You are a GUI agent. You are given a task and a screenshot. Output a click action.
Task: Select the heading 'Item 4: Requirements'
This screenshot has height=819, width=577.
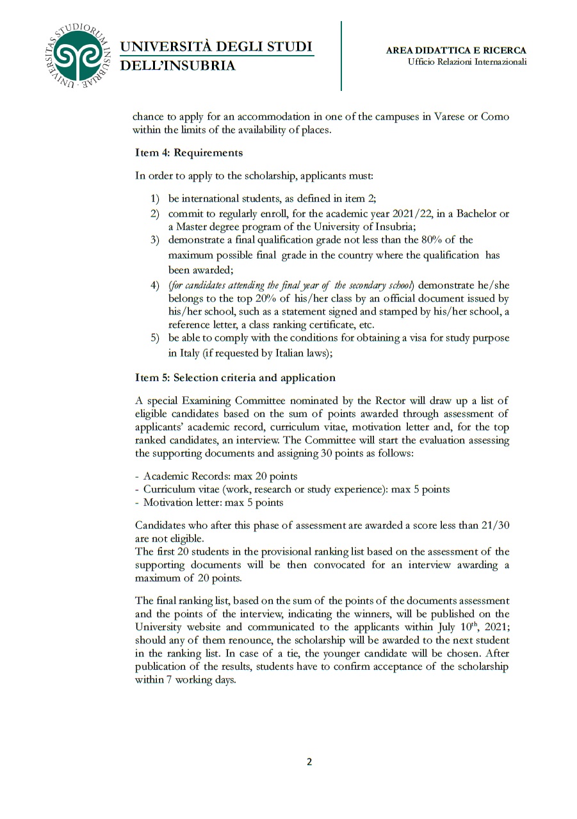[x=189, y=152]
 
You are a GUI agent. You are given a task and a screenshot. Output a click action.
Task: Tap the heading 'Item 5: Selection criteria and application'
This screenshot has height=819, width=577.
[x=235, y=378]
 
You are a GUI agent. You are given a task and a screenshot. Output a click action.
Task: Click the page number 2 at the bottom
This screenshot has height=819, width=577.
[x=309, y=761]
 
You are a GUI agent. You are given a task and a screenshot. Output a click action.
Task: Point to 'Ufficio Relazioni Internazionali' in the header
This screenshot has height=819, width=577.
[x=467, y=62]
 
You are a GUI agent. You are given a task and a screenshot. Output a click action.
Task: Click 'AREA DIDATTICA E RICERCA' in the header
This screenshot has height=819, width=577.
[x=456, y=50]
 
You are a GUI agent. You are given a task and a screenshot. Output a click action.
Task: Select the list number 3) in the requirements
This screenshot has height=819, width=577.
[x=154, y=240]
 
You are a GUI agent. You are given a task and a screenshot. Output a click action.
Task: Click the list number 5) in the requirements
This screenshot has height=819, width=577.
[x=154, y=339]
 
